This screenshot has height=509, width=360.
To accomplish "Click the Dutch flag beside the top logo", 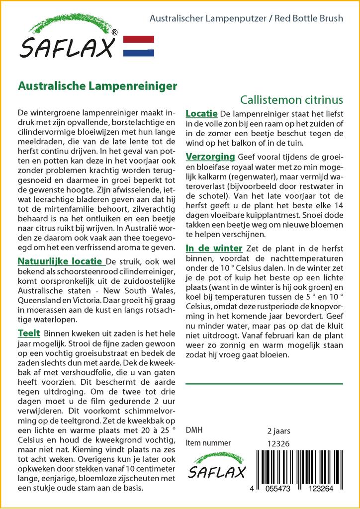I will pyautogui.click(x=138, y=46).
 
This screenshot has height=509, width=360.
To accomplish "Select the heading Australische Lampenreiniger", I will pyautogui.click(x=97, y=86).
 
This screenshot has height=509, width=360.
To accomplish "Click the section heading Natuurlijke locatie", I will pyautogui.click(x=61, y=262).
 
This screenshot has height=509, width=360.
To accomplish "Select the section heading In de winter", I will pyautogui.click(x=214, y=248).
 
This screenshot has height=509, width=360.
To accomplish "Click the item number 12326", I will pyautogui.click(x=278, y=443).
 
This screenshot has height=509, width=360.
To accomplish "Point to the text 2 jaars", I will pyautogui.click(x=278, y=430).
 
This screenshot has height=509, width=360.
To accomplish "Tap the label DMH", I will pyautogui.click(x=194, y=430).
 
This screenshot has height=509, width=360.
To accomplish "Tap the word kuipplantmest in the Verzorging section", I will pyautogui.click(x=280, y=216).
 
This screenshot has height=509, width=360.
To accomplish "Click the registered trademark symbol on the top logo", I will pyautogui.click(x=115, y=32).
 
